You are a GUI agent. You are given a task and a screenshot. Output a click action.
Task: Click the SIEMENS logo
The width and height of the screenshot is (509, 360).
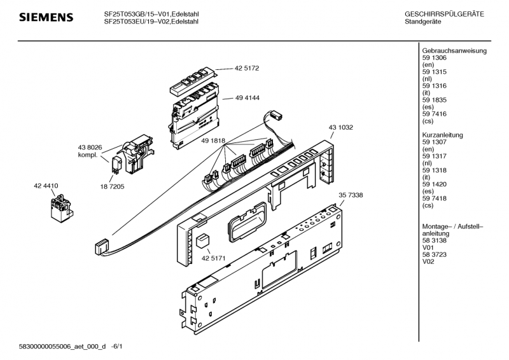pos(45,17)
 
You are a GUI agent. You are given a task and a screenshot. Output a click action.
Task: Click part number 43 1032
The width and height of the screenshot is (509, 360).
pos(341,127)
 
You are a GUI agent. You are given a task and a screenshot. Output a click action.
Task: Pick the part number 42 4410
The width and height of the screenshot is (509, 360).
pos(46,185)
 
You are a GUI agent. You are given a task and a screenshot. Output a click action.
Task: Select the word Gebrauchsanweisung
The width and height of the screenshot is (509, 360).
pos(454,51)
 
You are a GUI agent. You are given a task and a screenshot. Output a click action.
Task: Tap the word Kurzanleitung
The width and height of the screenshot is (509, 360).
pos(442,135)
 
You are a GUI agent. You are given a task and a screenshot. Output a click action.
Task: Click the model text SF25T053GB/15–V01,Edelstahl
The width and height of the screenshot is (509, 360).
pos(151,14)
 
